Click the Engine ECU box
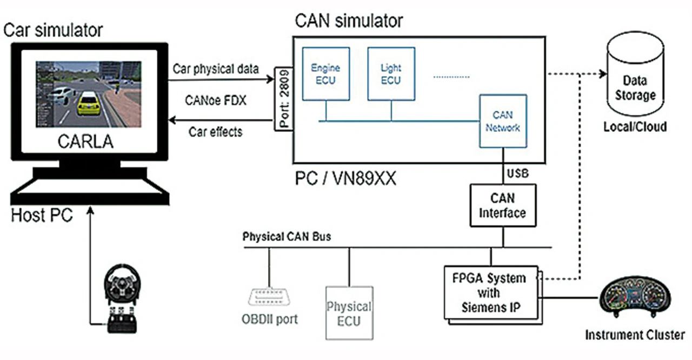(325, 74)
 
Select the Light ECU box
(390, 74)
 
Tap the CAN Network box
(502, 122)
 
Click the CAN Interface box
(503, 205)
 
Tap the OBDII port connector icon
(269, 297)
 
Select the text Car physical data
(216, 70)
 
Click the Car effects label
(216, 131)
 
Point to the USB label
(517, 174)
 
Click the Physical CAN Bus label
(287, 237)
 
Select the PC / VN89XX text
(345, 178)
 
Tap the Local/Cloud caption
(635, 127)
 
